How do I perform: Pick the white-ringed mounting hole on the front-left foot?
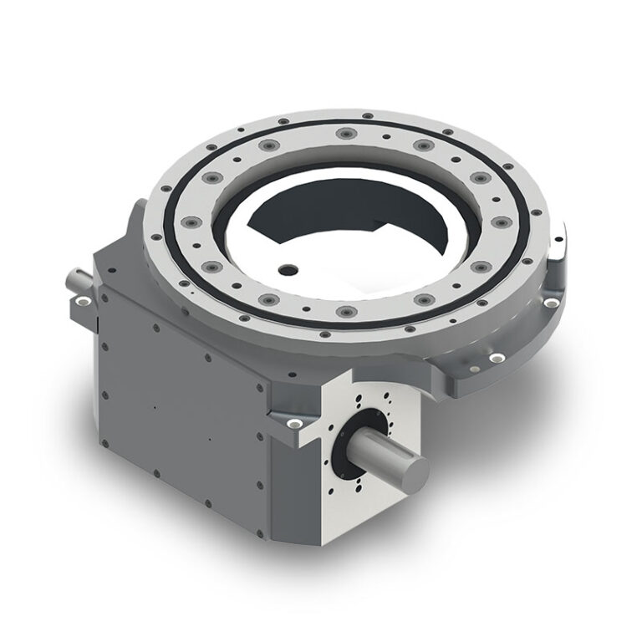pyautogui.click(x=293, y=425)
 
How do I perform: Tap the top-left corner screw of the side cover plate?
pyautogui.click(x=105, y=292)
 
